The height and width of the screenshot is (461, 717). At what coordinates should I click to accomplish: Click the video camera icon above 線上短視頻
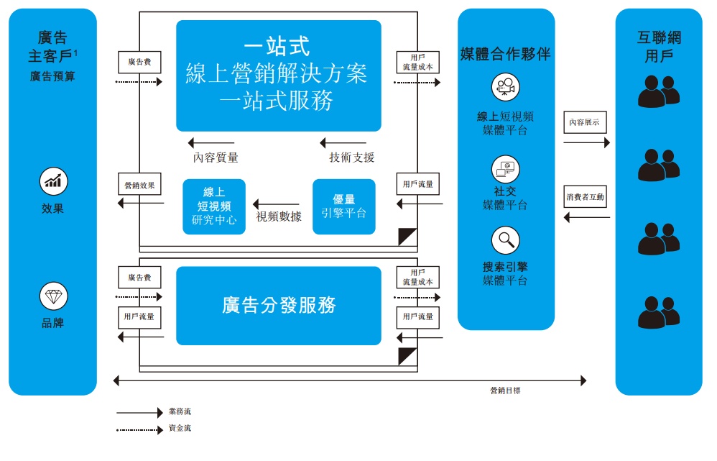pyautogui.click(x=505, y=87)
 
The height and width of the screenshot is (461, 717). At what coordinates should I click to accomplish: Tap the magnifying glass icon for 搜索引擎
pyautogui.click(x=505, y=240)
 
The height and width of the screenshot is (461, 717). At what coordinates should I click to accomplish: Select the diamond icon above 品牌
pyautogui.click(x=53, y=296)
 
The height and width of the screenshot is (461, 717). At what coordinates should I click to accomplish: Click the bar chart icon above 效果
pyautogui.click(x=53, y=181)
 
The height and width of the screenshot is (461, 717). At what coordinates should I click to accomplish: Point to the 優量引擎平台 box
pyautogui.click(x=344, y=206)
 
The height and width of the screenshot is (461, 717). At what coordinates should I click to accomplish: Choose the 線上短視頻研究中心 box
pyautogui.click(x=214, y=206)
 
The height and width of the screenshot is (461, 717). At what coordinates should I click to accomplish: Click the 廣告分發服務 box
pyautogui.click(x=279, y=306)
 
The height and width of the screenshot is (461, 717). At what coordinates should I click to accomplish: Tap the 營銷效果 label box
pyautogui.click(x=139, y=185)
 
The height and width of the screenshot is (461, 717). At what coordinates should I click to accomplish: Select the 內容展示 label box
pyautogui.click(x=585, y=122)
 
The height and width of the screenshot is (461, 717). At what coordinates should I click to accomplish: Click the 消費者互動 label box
pyautogui.click(x=585, y=197)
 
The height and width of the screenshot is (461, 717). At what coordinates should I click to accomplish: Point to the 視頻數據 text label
pyautogui.click(x=279, y=216)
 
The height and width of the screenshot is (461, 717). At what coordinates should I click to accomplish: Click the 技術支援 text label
pyautogui.click(x=351, y=158)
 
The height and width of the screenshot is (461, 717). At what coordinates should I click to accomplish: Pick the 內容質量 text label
pyautogui.click(x=216, y=158)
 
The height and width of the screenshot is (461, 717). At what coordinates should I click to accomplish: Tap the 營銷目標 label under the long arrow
pyautogui.click(x=505, y=391)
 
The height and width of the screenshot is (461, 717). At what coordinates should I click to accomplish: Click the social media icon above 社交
pyautogui.click(x=505, y=170)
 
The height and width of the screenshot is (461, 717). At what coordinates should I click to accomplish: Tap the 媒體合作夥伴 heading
pyautogui.click(x=505, y=54)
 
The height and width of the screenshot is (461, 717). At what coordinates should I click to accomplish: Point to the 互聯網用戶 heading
pyautogui.click(x=659, y=47)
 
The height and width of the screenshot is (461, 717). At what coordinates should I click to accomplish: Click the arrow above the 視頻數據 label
pyautogui.click(x=276, y=204)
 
